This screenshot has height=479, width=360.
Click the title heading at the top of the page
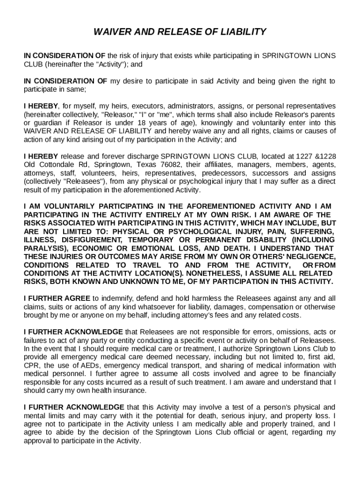pos(180,32)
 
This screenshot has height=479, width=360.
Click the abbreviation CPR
pos(32,365)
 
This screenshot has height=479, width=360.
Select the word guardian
pos(46,123)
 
